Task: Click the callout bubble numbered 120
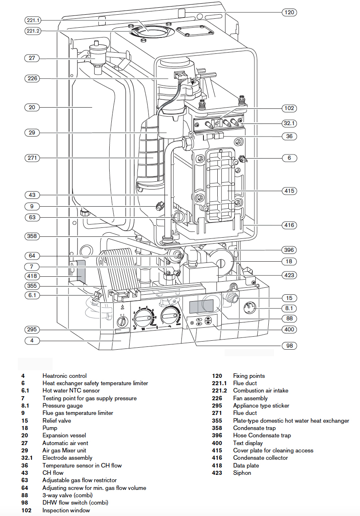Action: tap(289, 12)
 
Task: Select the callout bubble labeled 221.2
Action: tap(32, 31)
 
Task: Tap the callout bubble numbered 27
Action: tap(32, 58)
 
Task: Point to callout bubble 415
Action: tap(289, 191)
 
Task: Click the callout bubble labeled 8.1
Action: tap(289, 309)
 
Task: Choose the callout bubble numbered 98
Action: tap(289, 346)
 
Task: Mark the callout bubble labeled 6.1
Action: tap(32, 295)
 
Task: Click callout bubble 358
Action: tap(32, 236)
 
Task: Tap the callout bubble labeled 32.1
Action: tap(289, 122)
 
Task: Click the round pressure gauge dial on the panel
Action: tap(250, 308)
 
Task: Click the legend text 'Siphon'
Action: tap(242, 473)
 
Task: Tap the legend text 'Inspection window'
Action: tap(66, 510)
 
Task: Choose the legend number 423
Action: tap(217, 473)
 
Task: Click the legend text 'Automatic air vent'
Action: tap(65, 443)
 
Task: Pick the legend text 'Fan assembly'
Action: tap(250, 398)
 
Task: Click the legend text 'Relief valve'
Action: tap(57, 421)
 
